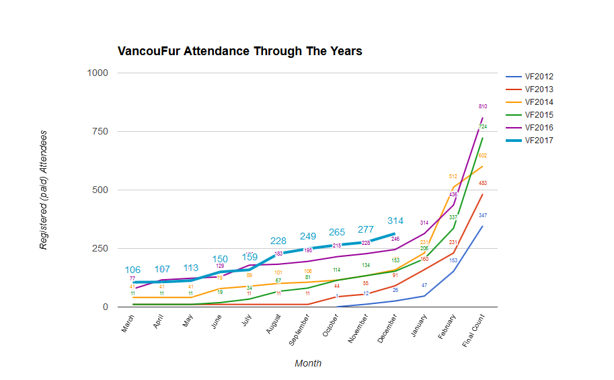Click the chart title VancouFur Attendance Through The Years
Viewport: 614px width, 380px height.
point(239,51)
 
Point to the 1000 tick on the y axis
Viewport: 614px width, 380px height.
point(98,73)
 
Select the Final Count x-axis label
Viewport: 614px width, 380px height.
point(473,330)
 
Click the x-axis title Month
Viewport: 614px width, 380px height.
point(307,363)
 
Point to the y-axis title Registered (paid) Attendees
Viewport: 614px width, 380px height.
point(44,191)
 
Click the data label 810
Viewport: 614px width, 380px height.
point(483,107)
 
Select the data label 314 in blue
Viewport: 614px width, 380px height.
point(395,221)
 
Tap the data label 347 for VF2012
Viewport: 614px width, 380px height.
point(483,215)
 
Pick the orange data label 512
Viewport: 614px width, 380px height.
point(453,176)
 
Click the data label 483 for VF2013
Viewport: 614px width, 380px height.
point(483,183)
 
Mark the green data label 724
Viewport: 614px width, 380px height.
point(483,126)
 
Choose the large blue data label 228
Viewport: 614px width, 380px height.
point(278,241)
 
